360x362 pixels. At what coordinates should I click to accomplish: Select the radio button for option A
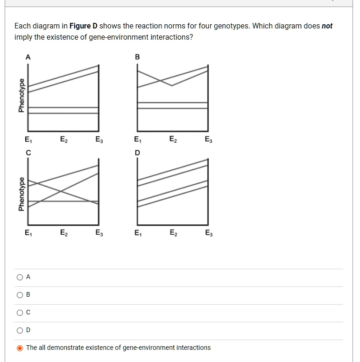pyautogui.click(x=20, y=277)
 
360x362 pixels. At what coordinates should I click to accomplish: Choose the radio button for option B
pyautogui.click(x=20, y=295)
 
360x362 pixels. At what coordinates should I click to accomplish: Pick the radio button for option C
pyautogui.click(x=20, y=313)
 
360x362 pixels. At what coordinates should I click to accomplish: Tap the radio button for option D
pyautogui.click(x=20, y=330)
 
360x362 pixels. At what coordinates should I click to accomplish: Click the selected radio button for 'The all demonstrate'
pyautogui.click(x=20, y=348)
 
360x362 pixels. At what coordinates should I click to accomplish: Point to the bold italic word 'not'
pyautogui.click(x=327, y=26)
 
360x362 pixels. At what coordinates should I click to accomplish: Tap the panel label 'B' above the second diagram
pyautogui.click(x=137, y=57)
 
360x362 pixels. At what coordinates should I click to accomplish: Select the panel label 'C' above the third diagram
pyautogui.click(x=28, y=152)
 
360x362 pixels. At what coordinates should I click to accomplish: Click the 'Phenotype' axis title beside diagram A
pyautogui.click(x=21, y=95)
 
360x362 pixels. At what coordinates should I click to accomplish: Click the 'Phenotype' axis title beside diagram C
pyautogui.click(x=21, y=194)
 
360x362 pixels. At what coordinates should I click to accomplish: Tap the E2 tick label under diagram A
pyautogui.click(x=63, y=139)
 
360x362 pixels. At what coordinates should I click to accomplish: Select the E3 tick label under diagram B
pyautogui.click(x=208, y=139)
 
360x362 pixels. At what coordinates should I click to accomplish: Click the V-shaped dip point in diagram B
pyautogui.click(x=172, y=85)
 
